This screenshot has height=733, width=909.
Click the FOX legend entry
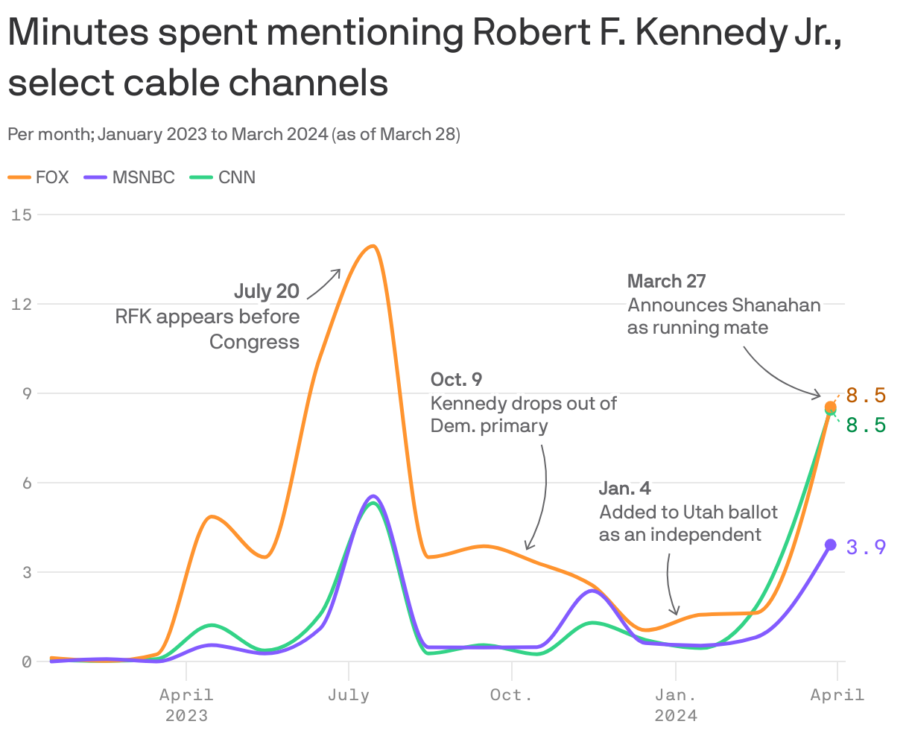[39, 177]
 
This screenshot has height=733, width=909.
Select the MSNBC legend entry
[130, 177]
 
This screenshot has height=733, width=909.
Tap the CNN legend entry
[223, 177]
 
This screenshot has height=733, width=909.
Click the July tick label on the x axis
[349, 695]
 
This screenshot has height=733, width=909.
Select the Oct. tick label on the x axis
[511, 695]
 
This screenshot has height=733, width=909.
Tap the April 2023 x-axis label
[186, 705]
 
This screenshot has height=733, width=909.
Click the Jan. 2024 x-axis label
[676, 705]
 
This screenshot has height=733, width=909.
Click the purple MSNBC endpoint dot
[831, 545]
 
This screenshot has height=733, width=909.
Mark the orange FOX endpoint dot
[830, 407]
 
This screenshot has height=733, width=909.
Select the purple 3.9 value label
[866, 548]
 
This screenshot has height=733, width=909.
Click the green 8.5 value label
[866, 425]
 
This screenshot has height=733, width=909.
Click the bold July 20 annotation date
[267, 291]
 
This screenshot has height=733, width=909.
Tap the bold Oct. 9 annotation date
[456, 379]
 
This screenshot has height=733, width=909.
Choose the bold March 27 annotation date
[666, 281]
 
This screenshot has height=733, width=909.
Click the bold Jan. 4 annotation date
[624, 488]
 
